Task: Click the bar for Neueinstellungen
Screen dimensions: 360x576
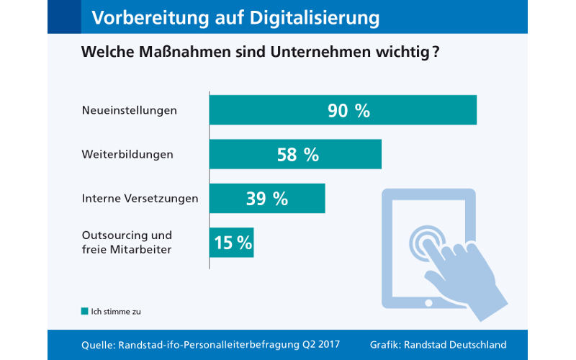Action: point(343,110)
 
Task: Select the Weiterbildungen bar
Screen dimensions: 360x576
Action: point(295,154)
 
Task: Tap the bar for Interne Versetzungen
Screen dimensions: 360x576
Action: point(267,198)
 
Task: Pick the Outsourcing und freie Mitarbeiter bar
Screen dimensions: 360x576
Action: point(231,243)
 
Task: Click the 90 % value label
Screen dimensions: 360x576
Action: point(348,110)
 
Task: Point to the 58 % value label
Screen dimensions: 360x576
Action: point(297,154)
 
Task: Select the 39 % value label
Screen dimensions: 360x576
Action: point(267,199)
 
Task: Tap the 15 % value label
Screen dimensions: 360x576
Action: point(233,243)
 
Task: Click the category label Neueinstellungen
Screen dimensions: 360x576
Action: point(129,111)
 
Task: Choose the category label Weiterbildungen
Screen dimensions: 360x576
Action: point(127,154)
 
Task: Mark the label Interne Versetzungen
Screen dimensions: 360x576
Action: point(140,198)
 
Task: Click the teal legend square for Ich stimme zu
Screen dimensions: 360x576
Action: point(84,312)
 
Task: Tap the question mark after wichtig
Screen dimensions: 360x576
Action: point(436,53)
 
